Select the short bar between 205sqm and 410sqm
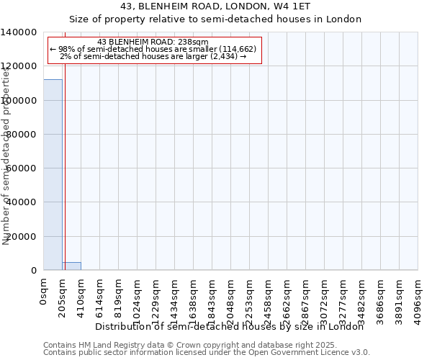click(x=71, y=266)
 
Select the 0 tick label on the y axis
click(x=34, y=271)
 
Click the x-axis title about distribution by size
click(x=230, y=326)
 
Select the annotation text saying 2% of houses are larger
click(x=153, y=56)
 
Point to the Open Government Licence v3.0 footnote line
click(x=206, y=353)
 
